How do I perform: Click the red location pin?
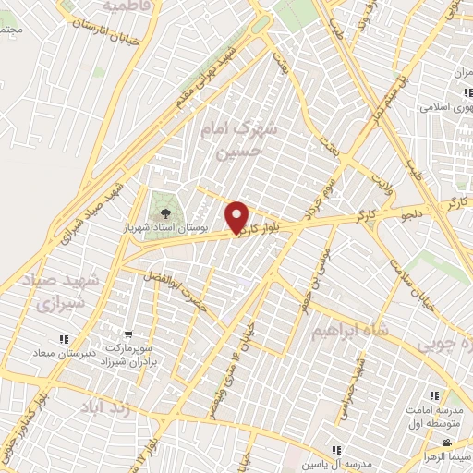tap(238, 217)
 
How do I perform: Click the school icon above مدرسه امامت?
tap(435, 395)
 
